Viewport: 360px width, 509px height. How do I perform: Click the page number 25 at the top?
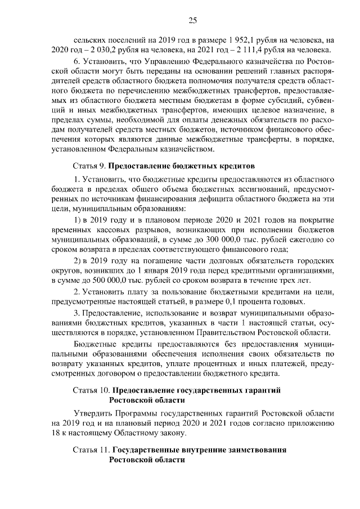192,21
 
